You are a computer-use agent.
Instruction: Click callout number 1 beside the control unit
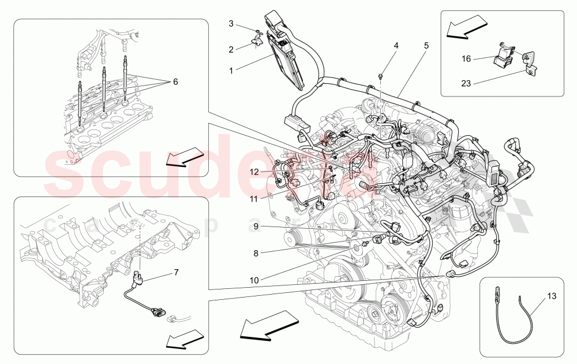tap(231, 71)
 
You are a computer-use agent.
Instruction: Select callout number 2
tap(231, 50)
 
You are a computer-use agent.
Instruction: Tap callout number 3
tap(231, 24)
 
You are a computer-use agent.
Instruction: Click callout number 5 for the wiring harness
tap(426, 44)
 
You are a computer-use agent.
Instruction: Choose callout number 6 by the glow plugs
tap(175, 81)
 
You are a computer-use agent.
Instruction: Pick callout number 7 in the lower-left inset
tap(176, 272)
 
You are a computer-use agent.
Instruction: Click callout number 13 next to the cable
tap(552, 297)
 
